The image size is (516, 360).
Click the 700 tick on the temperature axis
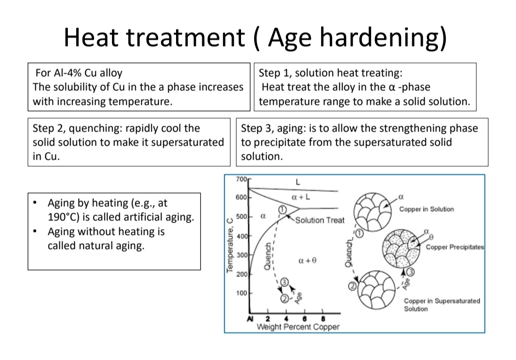click(241, 179)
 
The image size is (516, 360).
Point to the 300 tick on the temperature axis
click(241, 255)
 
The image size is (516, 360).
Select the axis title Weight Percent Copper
click(298, 327)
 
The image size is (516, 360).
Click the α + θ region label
click(307, 261)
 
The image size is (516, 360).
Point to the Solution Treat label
click(320, 220)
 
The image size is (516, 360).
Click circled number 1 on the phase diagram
click(283, 209)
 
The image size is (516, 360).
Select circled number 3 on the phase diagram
click(285, 282)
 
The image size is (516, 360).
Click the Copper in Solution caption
click(426, 209)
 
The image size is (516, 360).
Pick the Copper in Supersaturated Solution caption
click(441, 305)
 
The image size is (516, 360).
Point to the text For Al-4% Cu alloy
click(79, 73)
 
